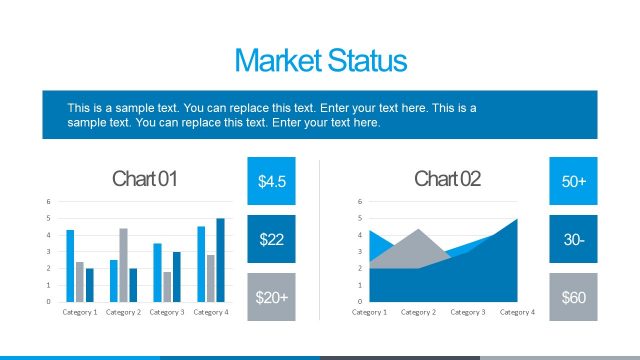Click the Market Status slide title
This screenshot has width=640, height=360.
(x=320, y=61)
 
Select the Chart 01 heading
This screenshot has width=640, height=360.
(x=145, y=179)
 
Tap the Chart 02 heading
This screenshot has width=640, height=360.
(x=447, y=179)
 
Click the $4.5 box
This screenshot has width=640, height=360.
(x=272, y=181)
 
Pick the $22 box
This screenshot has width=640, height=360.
(x=272, y=239)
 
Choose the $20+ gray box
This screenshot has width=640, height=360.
(x=272, y=297)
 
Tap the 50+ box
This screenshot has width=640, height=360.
(x=573, y=181)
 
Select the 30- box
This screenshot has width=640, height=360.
(x=573, y=239)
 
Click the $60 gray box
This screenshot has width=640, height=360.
(x=573, y=297)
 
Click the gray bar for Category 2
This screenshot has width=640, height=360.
(x=123, y=265)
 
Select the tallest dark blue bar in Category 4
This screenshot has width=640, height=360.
(x=220, y=260)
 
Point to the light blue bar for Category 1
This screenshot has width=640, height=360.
(x=70, y=265)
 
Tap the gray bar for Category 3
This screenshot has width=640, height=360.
(x=167, y=286)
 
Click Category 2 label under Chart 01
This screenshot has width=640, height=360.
(x=123, y=312)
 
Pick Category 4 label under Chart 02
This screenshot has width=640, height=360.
(x=517, y=312)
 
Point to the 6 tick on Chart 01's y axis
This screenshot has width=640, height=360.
(x=48, y=201)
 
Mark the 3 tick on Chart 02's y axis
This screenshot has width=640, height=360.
(x=360, y=251)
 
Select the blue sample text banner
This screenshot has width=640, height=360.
(x=320, y=114)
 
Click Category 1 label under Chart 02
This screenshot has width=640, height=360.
(x=369, y=312)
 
